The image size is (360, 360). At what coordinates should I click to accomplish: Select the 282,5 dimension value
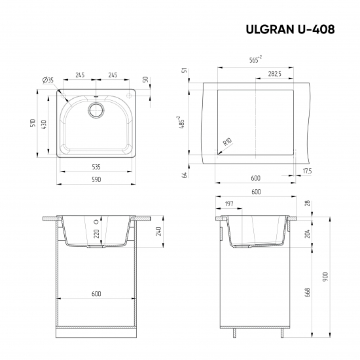[x=275, y=74]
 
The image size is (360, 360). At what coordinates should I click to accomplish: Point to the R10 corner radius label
[x=227, y=142]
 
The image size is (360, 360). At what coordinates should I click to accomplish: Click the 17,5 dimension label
[x=307, y=171]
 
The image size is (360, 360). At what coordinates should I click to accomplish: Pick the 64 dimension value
[x=185, y=173]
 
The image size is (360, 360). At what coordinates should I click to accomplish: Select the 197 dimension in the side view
[x=228, y=204]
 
